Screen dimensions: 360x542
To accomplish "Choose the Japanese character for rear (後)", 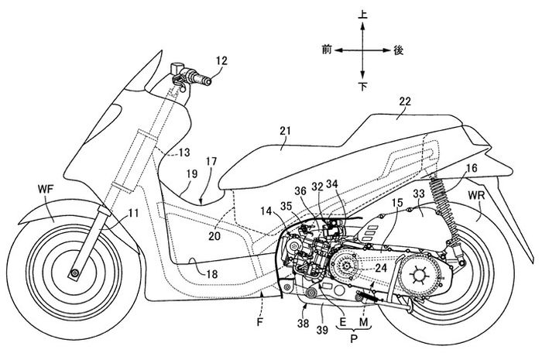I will point(399,49).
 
